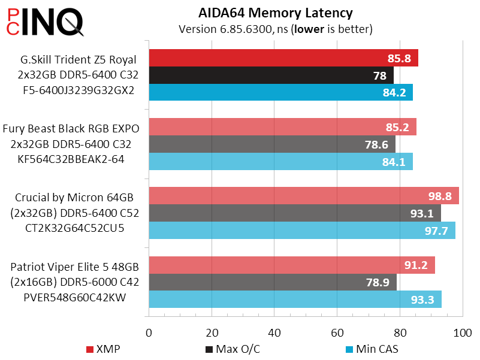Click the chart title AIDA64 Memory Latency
click(275, 13)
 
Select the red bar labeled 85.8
click(283, 58)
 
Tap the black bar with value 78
click(271, 75)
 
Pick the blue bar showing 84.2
click(280, 92)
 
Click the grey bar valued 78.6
click(271, 144)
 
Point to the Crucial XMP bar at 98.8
click(303, 196)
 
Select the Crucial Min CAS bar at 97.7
click(301, 231)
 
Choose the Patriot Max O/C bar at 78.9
click(272, 282)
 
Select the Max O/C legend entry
click(230, 349)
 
